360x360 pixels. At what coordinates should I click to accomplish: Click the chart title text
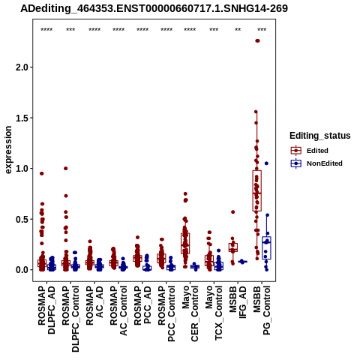point(154,9)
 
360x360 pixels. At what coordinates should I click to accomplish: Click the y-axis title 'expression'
point(8,150)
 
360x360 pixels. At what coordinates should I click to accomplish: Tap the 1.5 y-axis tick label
point(22,118)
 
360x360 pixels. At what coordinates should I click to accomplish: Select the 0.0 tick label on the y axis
point(22,270)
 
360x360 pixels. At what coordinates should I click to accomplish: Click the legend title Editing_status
point(320,136)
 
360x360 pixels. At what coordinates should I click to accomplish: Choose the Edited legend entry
point(309,151)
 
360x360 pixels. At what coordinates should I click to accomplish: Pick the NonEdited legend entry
point(316,163)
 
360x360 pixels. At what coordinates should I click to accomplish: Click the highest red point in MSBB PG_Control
point(257,40)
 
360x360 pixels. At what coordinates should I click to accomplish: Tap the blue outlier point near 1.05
point(266,163)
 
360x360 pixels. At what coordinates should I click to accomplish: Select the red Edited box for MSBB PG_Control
point(257,190)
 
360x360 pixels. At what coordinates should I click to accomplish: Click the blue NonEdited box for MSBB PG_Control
point(266,247)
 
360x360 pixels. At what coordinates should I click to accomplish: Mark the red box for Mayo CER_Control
point(185,243)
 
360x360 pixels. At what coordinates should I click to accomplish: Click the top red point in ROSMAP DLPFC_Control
point(65,168)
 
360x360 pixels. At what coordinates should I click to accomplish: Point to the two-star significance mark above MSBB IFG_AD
point(238,29)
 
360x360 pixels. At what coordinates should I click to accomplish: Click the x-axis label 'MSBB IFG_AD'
point(238,302)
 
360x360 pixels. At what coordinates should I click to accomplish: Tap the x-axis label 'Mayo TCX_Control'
point(214,313)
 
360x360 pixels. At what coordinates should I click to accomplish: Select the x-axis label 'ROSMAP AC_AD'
point(94,305)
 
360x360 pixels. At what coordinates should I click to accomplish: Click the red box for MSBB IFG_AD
point(233,247)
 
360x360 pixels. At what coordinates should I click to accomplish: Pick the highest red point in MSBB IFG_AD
point(232,212)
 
